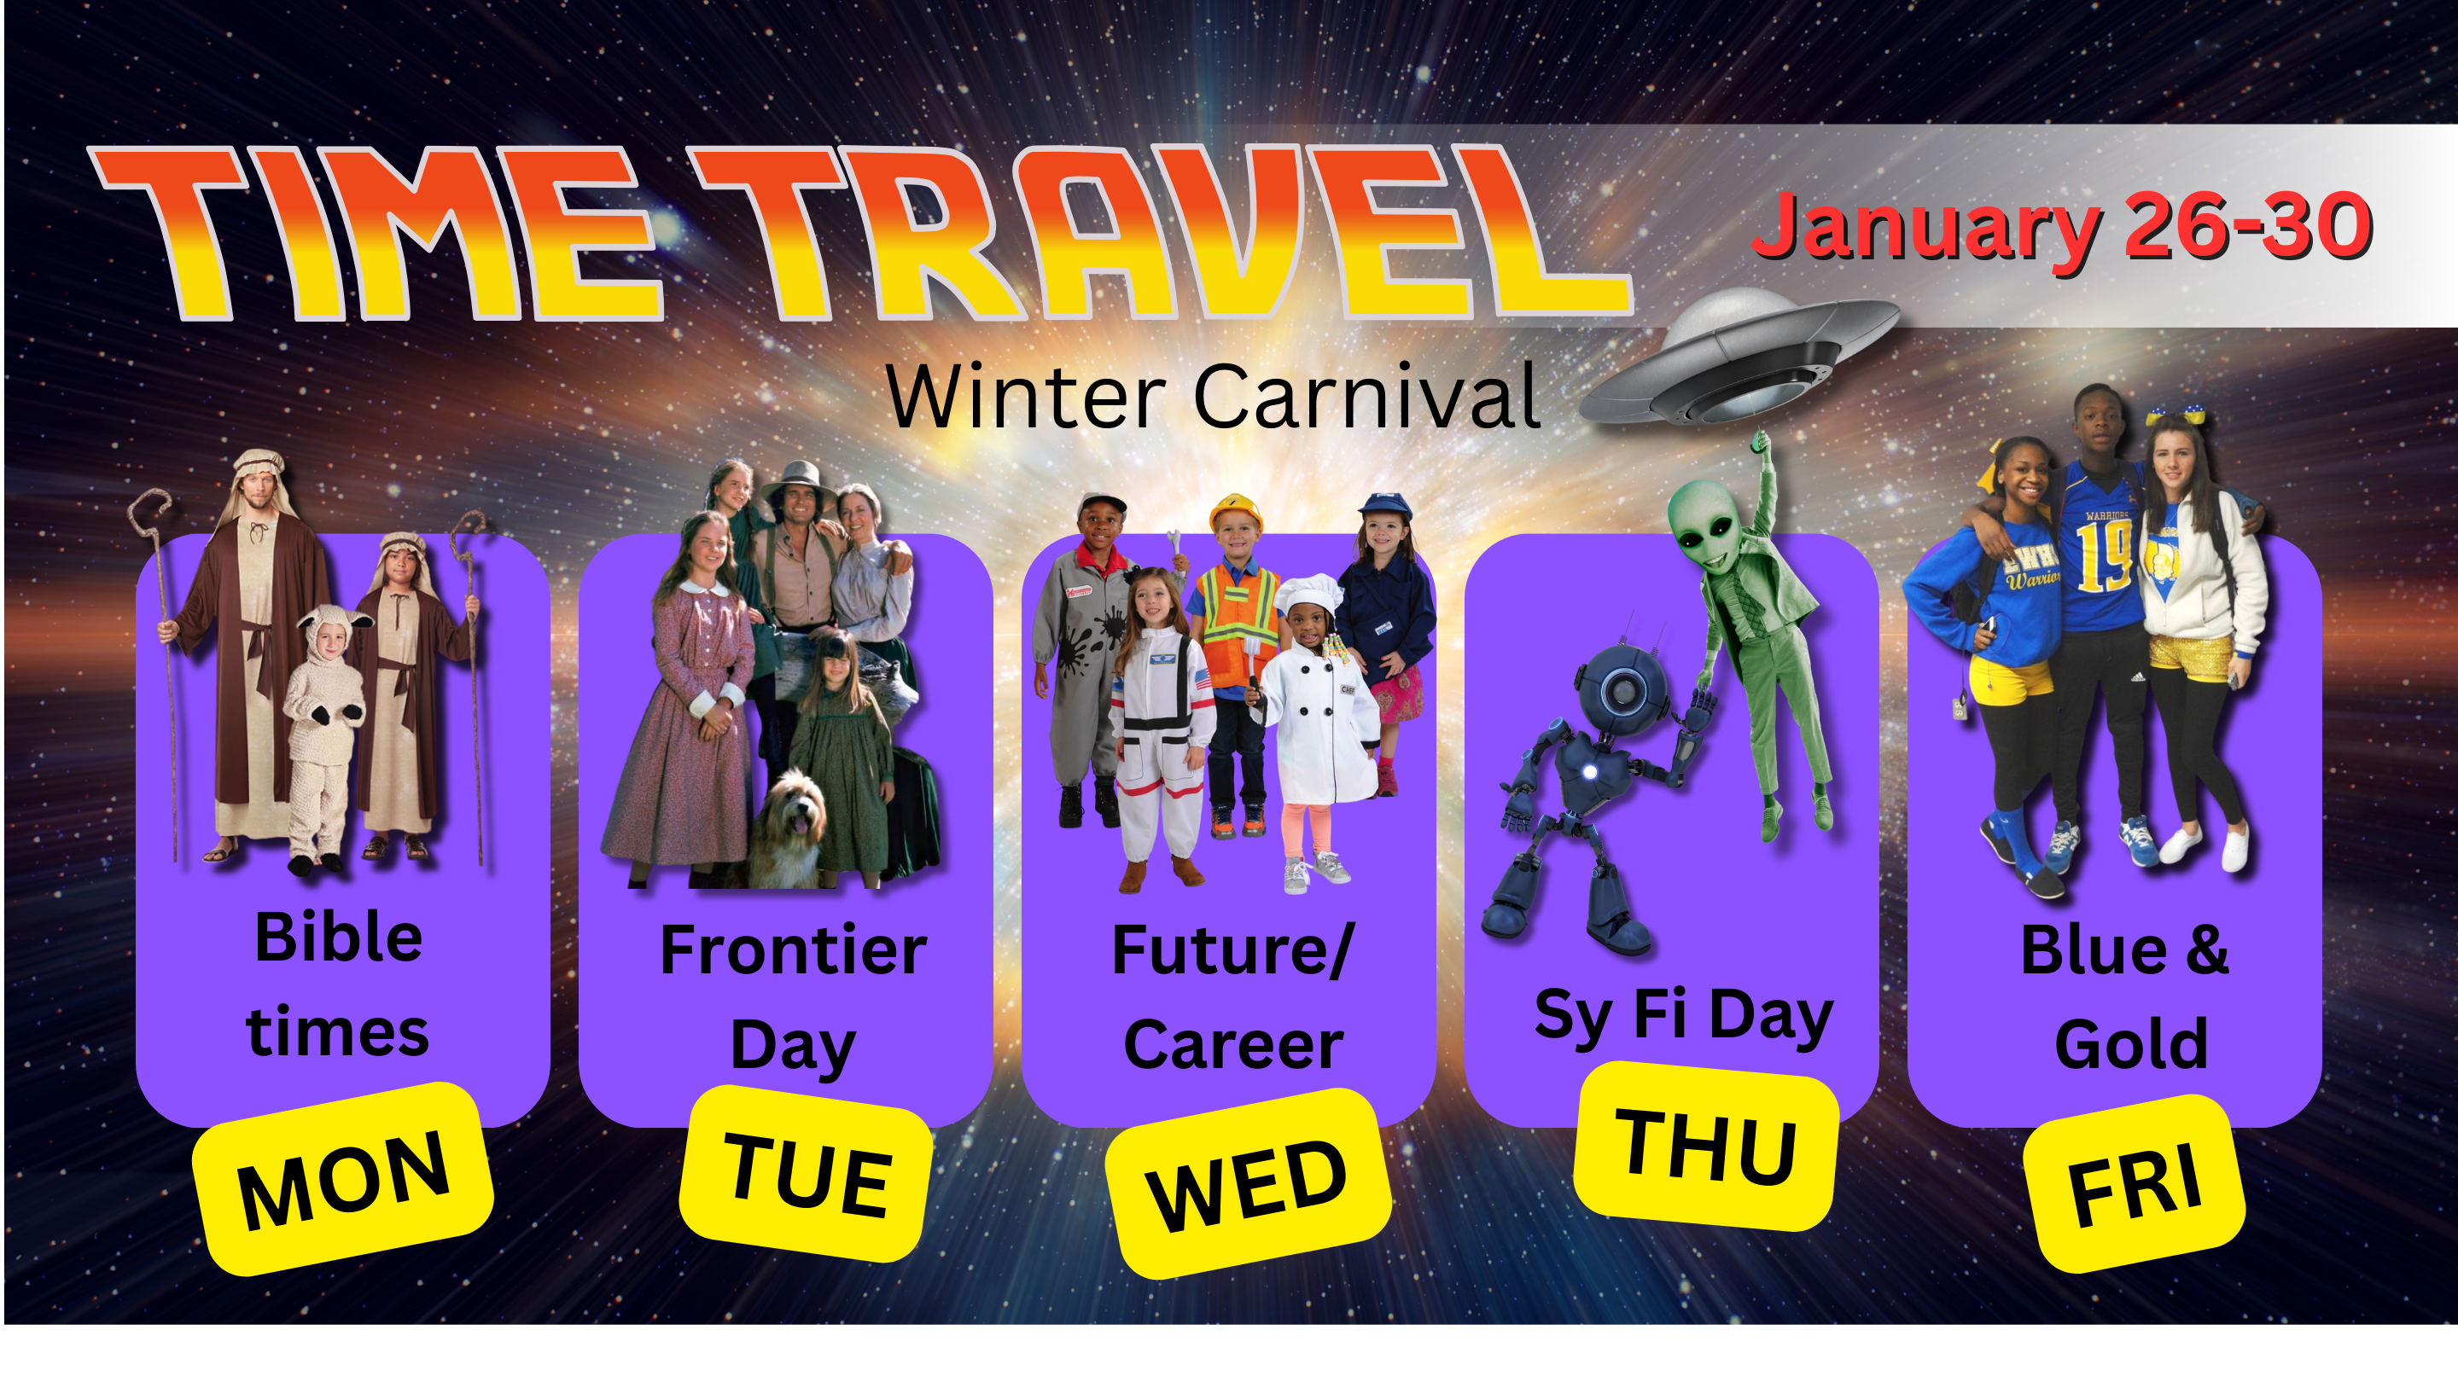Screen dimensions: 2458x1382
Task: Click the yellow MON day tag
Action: pos(342,1179)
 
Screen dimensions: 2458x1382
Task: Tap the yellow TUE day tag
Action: pos(807,1173)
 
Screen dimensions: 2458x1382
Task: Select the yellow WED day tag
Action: pos(1247,1182)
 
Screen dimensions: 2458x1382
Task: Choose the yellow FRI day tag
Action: pos(2134,1183)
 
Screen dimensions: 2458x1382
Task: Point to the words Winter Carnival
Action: pos(1212,396)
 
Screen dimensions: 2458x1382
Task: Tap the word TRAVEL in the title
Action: pos(1159,232)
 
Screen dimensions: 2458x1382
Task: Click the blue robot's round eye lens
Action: pos(1622,689)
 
